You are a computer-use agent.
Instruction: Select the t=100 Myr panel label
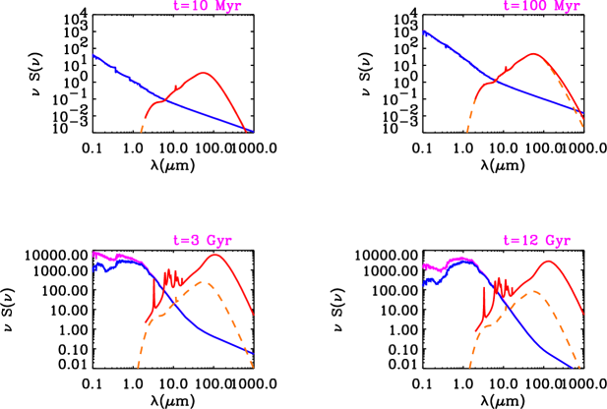(541, 6)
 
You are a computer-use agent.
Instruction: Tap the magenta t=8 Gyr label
(202, 240)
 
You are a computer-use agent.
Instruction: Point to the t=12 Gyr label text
(536, 240)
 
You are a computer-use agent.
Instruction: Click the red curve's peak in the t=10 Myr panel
(204, 74)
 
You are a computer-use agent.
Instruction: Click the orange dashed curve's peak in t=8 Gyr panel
(202, 282)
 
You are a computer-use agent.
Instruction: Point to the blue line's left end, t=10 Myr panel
(92, 55)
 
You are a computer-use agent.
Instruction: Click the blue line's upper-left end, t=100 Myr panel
(423, 31)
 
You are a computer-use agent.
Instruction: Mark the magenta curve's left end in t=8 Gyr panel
(92, 254)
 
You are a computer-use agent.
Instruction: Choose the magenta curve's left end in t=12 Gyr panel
(423, 265)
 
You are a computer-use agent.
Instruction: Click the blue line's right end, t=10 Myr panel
(253, 131)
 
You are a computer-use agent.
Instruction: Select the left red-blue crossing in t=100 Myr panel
(497, 81)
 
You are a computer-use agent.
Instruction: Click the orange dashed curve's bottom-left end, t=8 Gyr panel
(138, 367)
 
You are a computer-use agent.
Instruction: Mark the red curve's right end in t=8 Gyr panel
(255, 315)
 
